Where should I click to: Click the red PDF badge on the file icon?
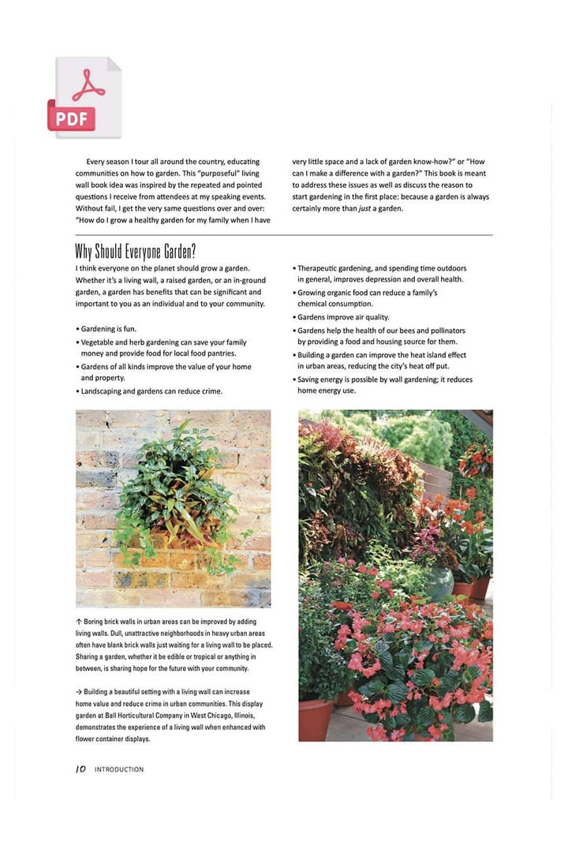[x=71, y=118]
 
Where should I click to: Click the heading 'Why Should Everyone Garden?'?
[x=135, y=252]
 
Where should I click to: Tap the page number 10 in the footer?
[x=80, y=769]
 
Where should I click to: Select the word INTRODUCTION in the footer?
[x=119, y=769]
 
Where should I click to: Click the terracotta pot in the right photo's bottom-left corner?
[x=316, y=718]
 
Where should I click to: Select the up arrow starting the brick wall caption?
[x=79, y=622]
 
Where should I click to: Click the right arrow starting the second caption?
[x=80, y=692]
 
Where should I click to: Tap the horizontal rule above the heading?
[x=284, y=235]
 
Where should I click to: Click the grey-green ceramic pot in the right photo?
[x=439, y=582]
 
